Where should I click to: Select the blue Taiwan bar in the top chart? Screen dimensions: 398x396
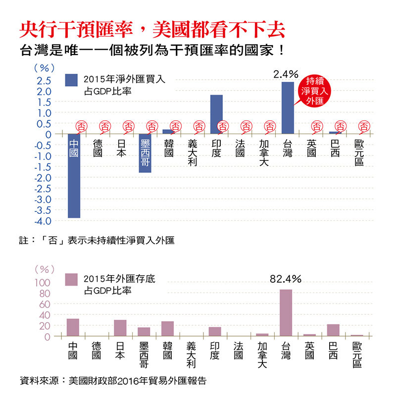(288, 108)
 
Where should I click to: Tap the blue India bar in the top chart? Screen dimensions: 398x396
(216, 114)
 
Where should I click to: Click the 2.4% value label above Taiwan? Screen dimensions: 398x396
(286, 74)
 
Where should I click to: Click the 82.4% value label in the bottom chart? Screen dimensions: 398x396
(286, 279)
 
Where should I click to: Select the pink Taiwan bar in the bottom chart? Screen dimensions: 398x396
(286, 313)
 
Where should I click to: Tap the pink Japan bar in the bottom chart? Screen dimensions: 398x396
(120, 328)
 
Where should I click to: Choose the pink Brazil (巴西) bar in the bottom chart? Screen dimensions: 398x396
(333, 330)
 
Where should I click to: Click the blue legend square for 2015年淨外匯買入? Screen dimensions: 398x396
(72, 80)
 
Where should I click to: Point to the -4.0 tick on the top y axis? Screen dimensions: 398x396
(42, 221)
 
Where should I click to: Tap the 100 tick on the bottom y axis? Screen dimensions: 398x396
(42, 283)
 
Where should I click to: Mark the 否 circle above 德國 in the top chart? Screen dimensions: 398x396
(105, 127)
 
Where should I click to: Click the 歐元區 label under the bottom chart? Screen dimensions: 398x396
(357, 355)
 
